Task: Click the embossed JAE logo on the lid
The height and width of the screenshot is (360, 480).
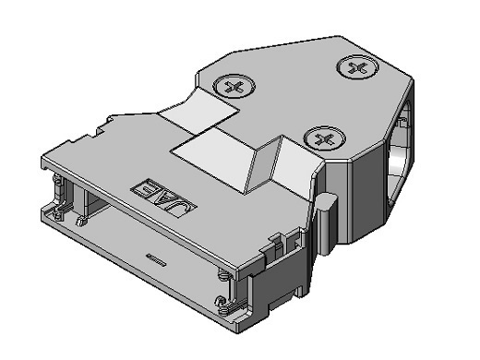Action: coord(163,198)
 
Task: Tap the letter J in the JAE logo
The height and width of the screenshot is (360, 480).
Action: coord(181,207)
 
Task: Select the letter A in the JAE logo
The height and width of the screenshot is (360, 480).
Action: coord(162,197)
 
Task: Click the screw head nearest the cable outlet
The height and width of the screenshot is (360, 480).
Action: coord(357,67)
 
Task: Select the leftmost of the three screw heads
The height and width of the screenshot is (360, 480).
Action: coord(234,86)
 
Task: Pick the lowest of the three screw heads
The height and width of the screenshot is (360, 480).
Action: coord(324,138)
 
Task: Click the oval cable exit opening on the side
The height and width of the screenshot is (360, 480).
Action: coord(400,154)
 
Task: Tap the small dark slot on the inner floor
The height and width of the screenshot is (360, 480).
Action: coord(156,260)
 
